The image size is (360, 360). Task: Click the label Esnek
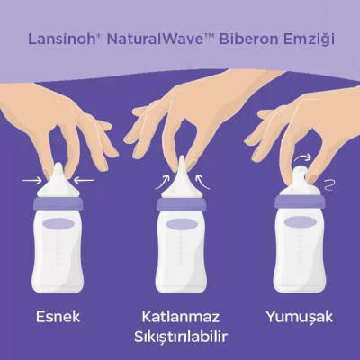58,318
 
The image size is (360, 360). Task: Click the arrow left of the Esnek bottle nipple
31,180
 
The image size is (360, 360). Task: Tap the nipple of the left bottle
58,180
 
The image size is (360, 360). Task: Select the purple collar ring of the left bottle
58,203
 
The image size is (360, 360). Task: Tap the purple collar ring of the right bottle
298,203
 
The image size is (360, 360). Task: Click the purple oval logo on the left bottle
58,224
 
